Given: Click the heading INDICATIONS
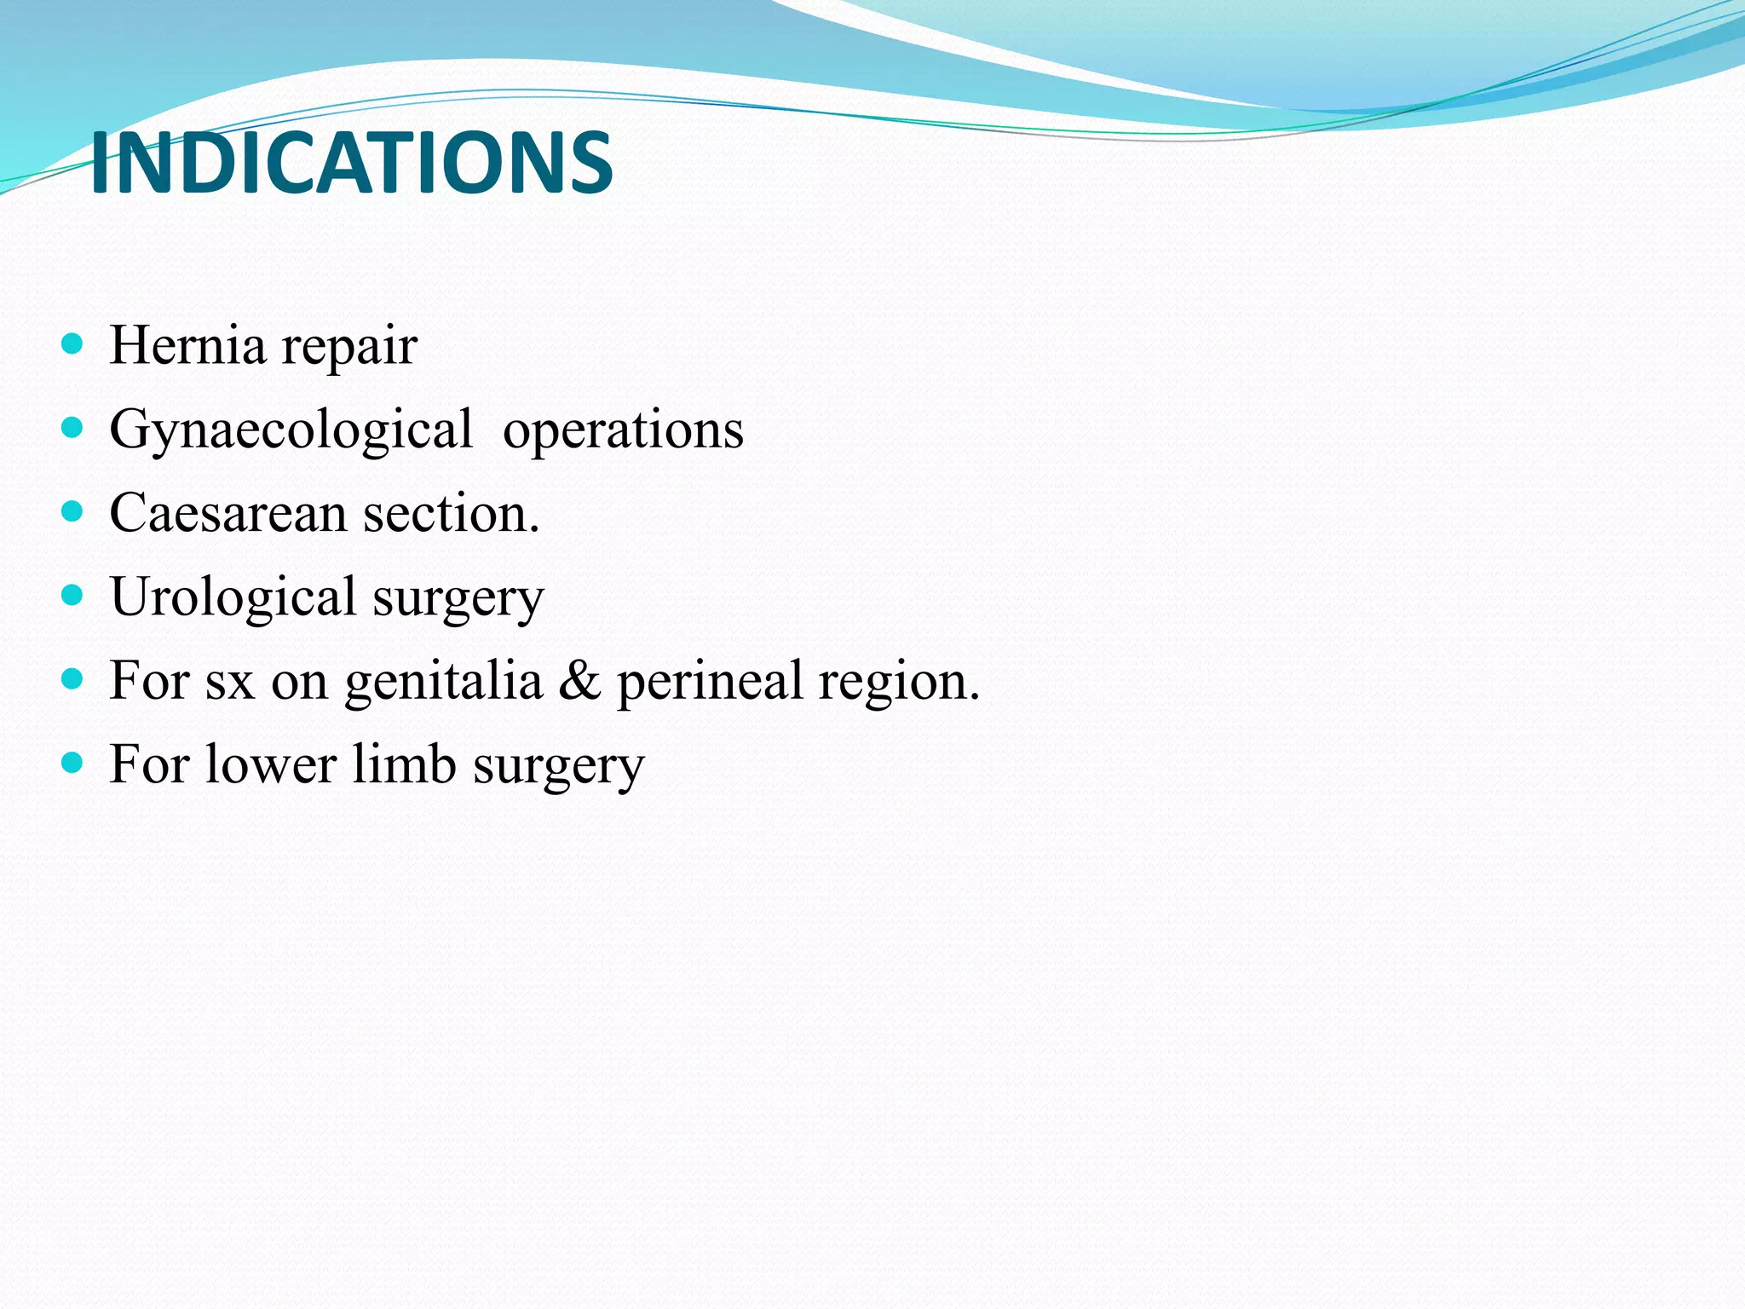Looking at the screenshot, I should pyautogui.click(x=351, y=163).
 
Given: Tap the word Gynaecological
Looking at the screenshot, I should pyautogui.click(x=291, y=430).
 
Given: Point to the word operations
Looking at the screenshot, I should pyautogui.click(x=623, y=430).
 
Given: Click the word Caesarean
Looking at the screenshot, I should pyautogui.click(x=227, y=513).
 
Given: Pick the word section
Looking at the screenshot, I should pyautogui.click(x=452, y=513).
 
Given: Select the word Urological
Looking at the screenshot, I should pyautogui.click(x=233, y=597).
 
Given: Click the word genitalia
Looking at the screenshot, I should pyautogui.click(x=443, y=682).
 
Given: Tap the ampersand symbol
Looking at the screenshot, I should pyautogui.click(x=579, y=680).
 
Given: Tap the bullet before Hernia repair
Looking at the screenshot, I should pyautogui.click(x=73, y=344).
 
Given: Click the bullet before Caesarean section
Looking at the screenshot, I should pyautogui.click(x=73, y=511).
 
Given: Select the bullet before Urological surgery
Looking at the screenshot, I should pyautogui.click(x=73, y=595).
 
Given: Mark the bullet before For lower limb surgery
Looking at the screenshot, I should pyautogui.click(x=73, y=762).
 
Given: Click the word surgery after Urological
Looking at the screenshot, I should pyautogui.click(x=458, y=598).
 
